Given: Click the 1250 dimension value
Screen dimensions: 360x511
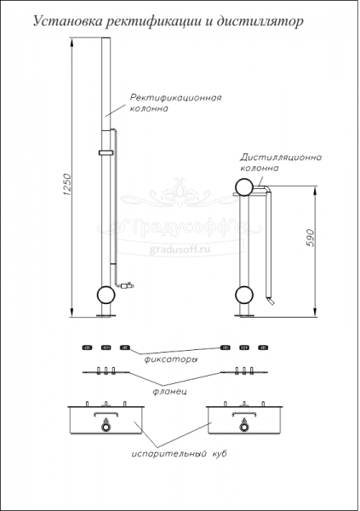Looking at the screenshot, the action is click(66, 184).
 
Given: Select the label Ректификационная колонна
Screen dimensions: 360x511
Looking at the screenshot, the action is click(175, 103).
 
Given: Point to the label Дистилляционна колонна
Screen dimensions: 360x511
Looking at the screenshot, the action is click(281, 163).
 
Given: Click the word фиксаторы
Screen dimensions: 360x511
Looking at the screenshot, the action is click(171, 359).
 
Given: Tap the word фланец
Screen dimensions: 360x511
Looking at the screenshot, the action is click(169, 391).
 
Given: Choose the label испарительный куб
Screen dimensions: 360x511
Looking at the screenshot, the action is click(179, 453).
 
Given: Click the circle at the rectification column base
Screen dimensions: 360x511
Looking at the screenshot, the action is click(106, 295).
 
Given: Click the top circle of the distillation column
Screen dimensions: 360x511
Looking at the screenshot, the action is click(244, 187).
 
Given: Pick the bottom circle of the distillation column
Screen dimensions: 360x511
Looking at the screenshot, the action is click(244, 295).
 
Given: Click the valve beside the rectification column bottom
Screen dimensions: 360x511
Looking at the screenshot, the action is click(128, 285).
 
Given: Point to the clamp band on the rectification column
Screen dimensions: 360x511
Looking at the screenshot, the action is click(106, 152).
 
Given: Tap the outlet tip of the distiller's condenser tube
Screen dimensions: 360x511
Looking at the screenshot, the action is click(272, 302).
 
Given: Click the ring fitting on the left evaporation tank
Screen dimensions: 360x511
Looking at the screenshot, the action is click(106, 428).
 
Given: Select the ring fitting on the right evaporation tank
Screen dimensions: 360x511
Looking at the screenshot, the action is click(243, 428).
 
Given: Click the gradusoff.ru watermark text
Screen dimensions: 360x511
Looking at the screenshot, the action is click(180, 250).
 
